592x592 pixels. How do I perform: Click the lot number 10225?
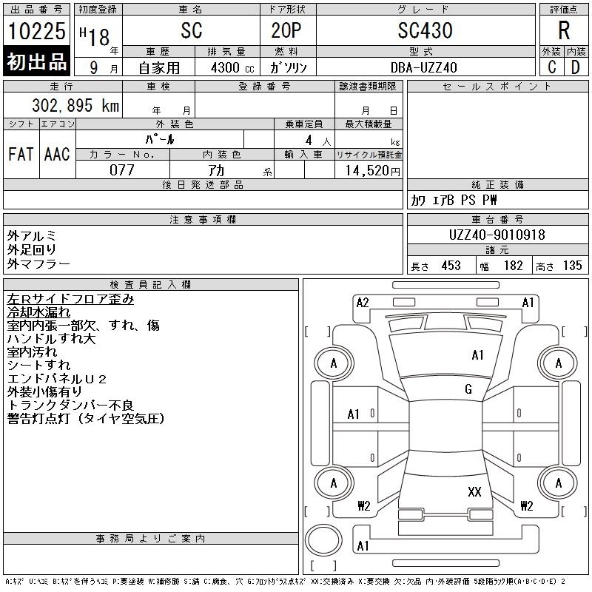tap(36, 31)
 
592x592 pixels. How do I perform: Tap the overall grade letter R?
tap(564, 30)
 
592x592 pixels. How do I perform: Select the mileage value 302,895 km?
tap(75, 105)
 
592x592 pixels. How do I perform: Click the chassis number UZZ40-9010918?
tap(497, 235)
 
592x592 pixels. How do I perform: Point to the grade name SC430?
tap(425, 30)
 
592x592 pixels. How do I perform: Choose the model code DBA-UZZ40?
tap(423, 67)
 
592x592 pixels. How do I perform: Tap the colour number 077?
tap(122, 170)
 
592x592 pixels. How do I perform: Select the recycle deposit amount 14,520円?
tap(373, 171)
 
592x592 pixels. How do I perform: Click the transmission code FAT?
tap(21, 154)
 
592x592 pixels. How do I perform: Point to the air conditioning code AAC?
tap(57, 154)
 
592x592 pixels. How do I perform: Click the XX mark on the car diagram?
tap(474, 491)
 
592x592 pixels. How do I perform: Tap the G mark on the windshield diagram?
tap(468, 389)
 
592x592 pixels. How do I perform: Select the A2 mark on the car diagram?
tap(363, 303)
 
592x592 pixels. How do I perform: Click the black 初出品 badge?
tap(36, 61)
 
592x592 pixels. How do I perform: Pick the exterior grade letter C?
tap(552, 67)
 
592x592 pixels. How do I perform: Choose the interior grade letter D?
tap(576, 67)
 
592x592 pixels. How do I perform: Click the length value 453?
tap(451, 266)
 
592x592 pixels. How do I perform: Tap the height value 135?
tap(572, 266)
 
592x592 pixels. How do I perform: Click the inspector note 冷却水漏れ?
tap(38, 312)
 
